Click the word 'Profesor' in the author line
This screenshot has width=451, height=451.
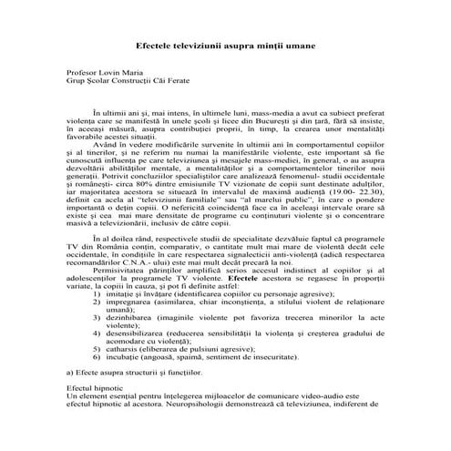(x=81, y=78)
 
